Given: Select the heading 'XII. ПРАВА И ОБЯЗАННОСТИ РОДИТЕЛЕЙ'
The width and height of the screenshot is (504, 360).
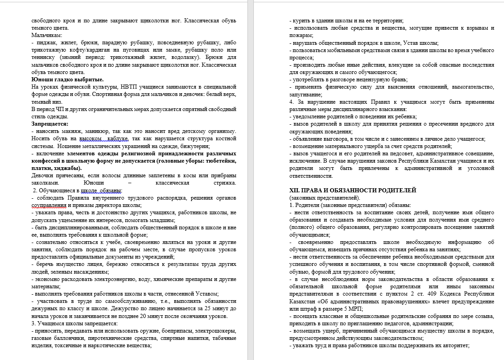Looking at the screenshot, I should (353, 190).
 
